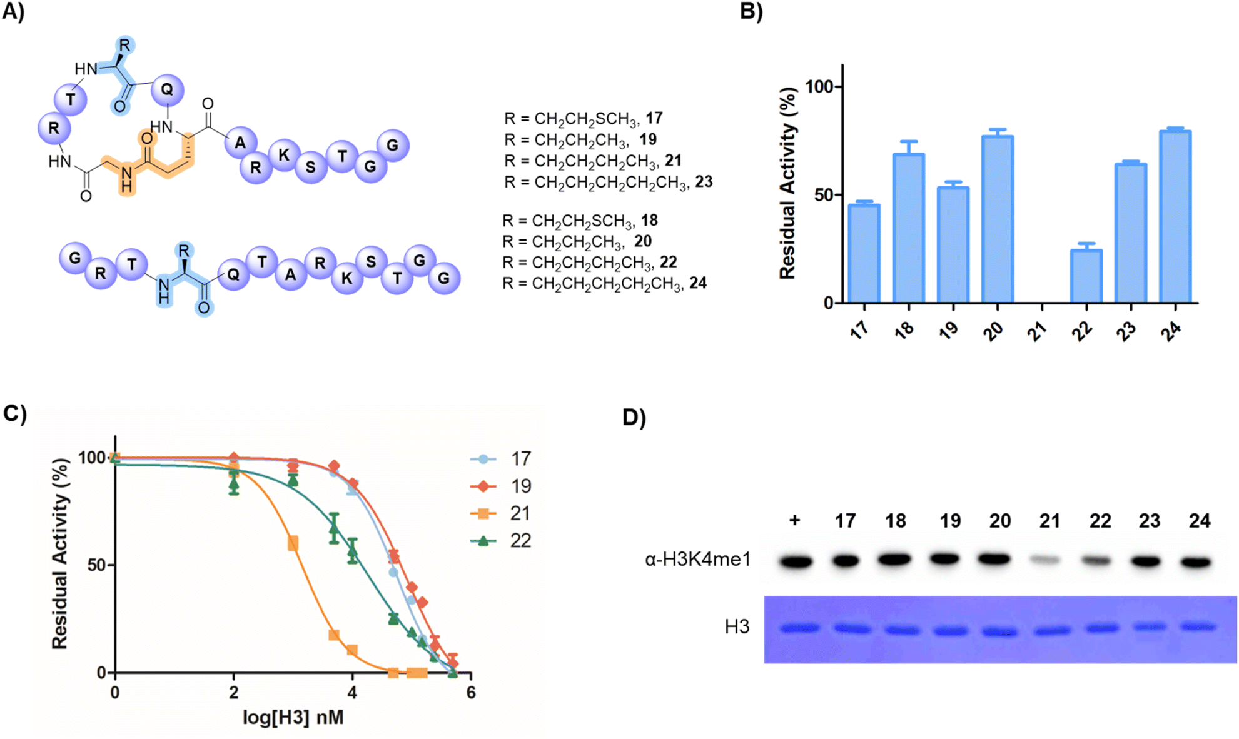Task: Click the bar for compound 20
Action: pos(998,219)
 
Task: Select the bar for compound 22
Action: pos(1086,276)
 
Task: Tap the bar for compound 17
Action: pos(864,253)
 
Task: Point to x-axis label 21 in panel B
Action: pos(1038,329)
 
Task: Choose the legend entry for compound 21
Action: pos(501,513)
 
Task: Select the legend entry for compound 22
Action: pos(501,541)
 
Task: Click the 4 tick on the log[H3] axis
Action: pos(352,693)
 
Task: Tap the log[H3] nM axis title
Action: pos(293,717)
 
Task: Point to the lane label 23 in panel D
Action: pos(1150,521)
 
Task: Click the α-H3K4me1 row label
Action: pos(697,559)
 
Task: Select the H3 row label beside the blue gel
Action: pos(737,626)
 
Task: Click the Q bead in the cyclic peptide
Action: pos(167,90)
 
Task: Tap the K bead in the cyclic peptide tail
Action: pos(284,155)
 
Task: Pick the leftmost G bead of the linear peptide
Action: pos(75,258)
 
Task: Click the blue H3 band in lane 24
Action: pos(1198,626)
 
